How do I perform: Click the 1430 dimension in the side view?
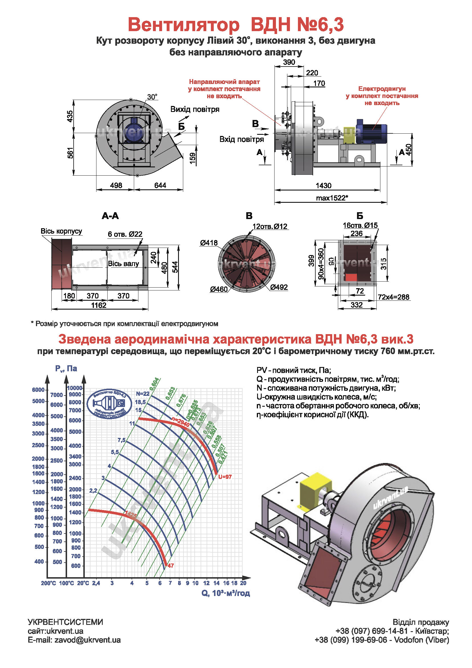[324, 186]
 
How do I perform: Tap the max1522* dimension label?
[332, 198]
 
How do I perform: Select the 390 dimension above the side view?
[289, 62]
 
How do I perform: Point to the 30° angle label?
[152, 97]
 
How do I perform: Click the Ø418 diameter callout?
[209, 243]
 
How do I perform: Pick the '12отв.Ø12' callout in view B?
[270, 226]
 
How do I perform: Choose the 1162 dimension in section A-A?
[99, 305]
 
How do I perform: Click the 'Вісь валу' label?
[123, 264]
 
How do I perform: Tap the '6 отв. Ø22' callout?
[125, 234]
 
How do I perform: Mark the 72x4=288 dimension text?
[394, 297]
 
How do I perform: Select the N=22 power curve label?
[142, 394]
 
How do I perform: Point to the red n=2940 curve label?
[180, 422]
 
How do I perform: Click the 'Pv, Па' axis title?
[66, 369]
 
